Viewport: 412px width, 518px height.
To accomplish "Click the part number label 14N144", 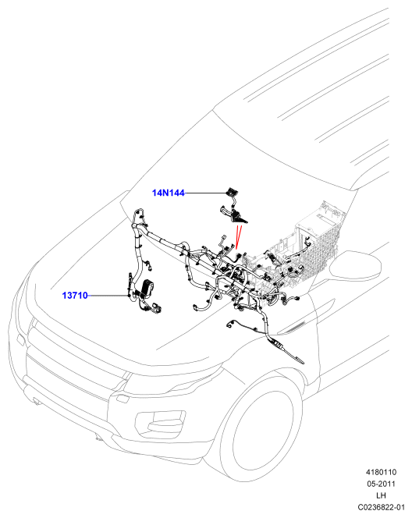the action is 169,193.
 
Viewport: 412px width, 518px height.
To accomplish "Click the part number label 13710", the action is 75,296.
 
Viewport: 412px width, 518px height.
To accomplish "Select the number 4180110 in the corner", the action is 381,472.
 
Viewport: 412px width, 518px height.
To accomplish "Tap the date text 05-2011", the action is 381,484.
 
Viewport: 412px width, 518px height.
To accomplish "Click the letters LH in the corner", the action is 381,495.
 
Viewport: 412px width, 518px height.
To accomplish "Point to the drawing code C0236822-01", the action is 381,507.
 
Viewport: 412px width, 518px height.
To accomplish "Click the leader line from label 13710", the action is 108,296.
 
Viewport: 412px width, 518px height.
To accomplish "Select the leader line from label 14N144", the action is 205,193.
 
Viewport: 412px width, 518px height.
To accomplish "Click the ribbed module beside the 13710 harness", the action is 147,289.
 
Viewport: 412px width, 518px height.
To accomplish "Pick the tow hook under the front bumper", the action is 98,438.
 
